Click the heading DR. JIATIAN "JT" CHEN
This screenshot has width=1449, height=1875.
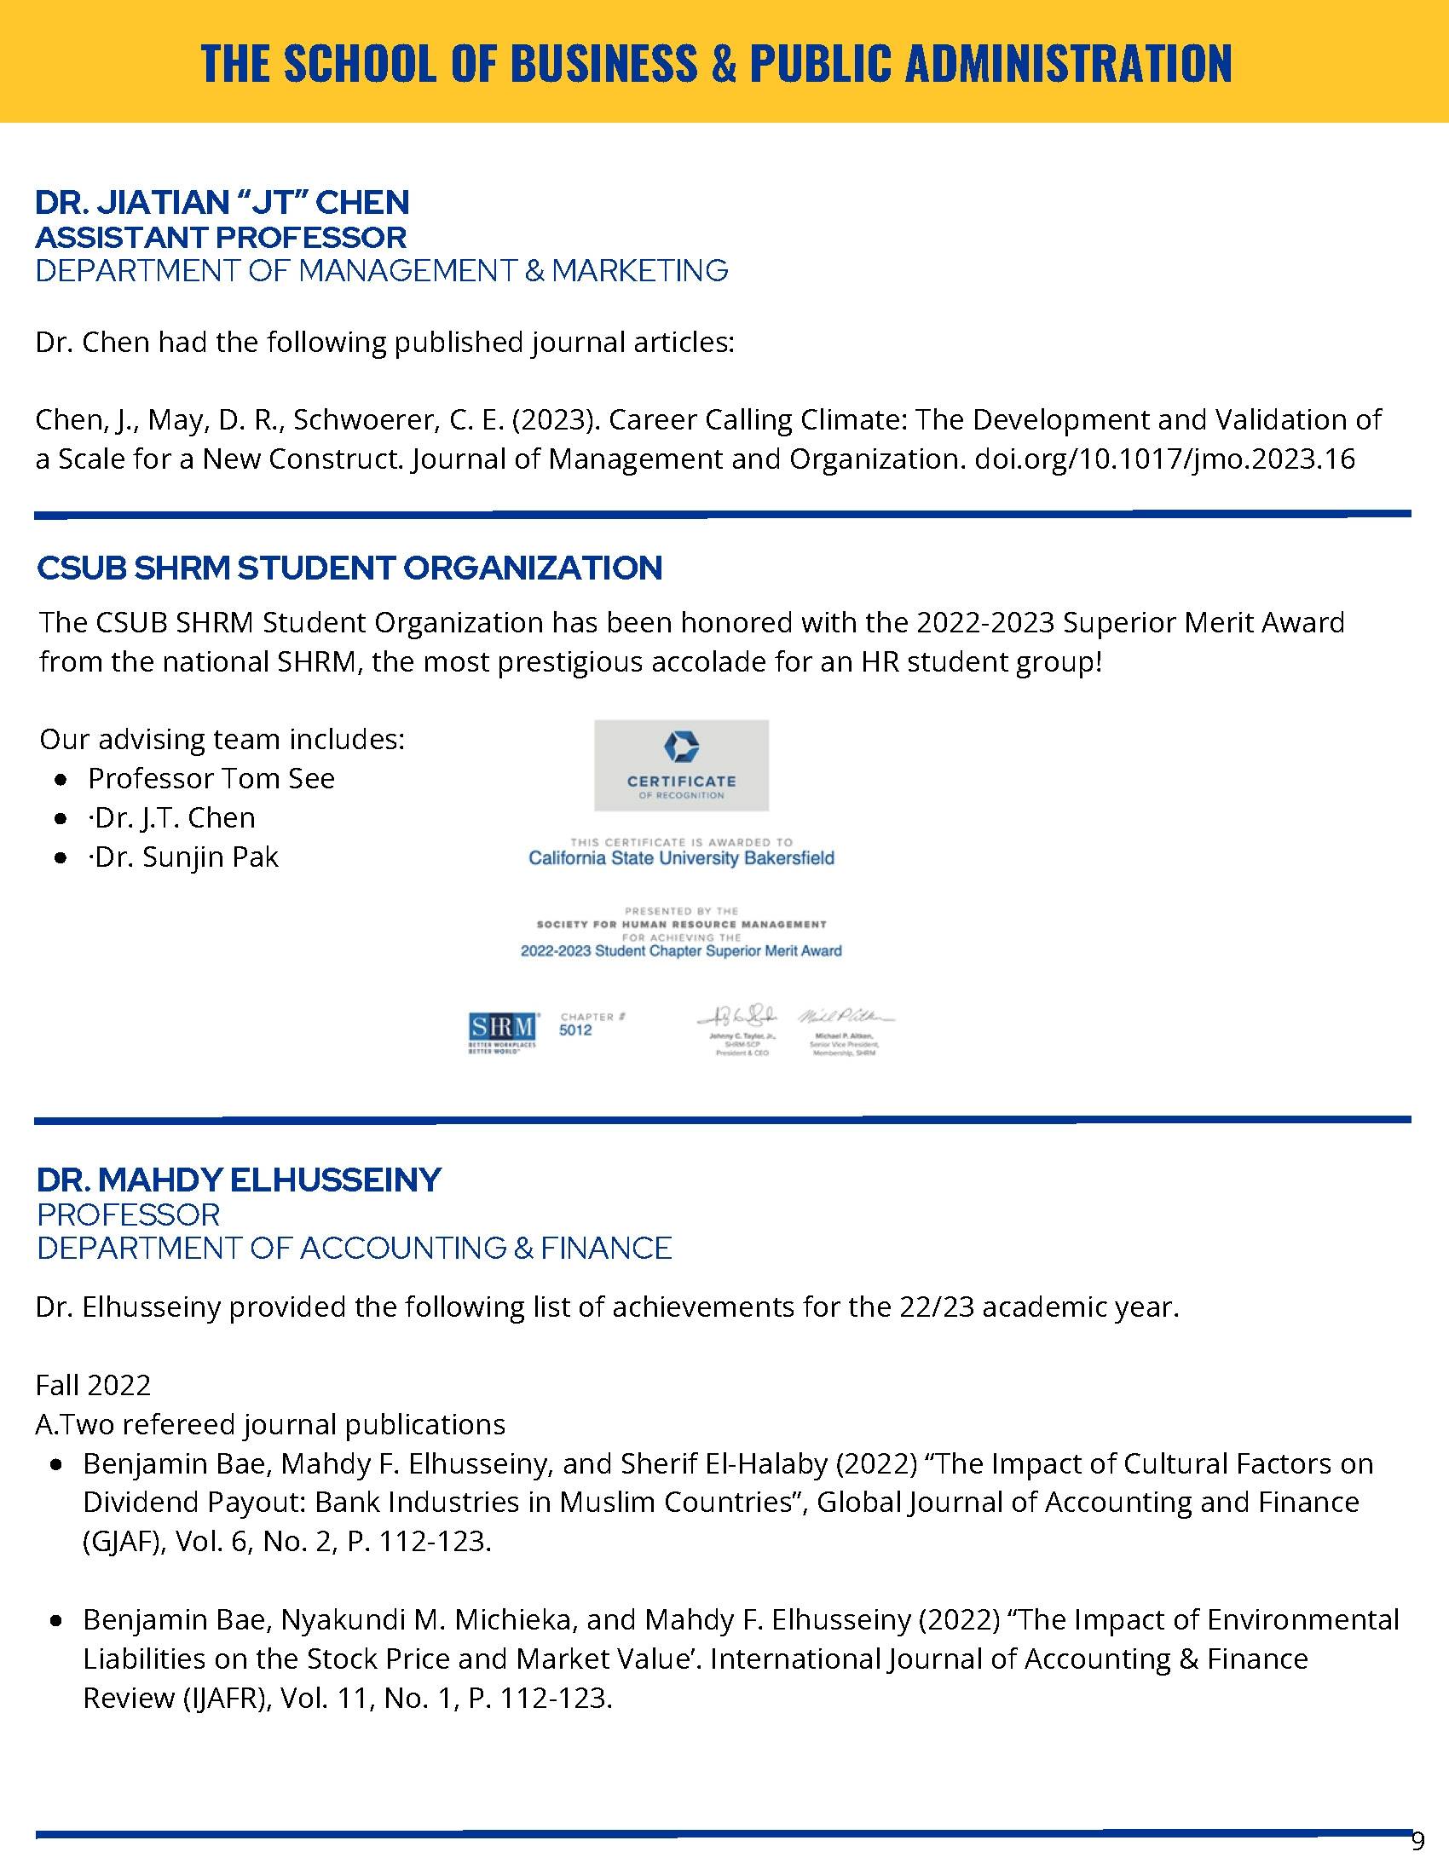coord(222,203)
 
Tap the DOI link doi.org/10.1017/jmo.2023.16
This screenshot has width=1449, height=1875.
coord(1165,459)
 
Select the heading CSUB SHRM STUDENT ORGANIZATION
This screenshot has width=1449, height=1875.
coord(349,568)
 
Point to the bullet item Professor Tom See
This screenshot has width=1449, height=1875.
coord(211,779)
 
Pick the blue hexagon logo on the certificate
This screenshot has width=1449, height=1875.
coord(681,746)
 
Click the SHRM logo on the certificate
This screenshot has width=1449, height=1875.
coord(503,1027)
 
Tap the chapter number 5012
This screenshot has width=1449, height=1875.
coord(575,1030)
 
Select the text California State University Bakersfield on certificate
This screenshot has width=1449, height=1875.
coord(681,858)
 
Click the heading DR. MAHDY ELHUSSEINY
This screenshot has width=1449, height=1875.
coord(239,1180)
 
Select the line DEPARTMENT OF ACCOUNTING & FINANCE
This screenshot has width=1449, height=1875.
coord(354,1249)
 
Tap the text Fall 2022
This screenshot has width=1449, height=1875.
coord(93,1385)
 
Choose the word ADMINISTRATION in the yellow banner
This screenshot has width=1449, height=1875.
coord(1069,63)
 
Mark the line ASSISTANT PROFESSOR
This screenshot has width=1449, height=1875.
coord(221,237)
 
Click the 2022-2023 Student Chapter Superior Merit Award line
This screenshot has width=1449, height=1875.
coord(681,951)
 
